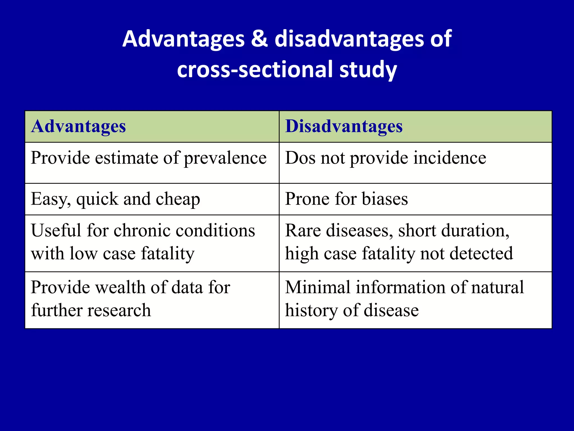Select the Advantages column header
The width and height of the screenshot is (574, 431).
tap(78, 126)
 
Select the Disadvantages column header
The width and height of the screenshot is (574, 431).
tap(344, 126)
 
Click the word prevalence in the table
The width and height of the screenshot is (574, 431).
tap(225, 158)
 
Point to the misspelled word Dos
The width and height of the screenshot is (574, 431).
tap(300, 158)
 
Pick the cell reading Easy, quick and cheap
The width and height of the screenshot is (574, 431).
tap(115, 199)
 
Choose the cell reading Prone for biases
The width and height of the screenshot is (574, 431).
tap(346, 199)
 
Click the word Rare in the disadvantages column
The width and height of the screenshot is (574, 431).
tap(303, 231)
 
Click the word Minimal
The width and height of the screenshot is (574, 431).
tap(317, 287)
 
